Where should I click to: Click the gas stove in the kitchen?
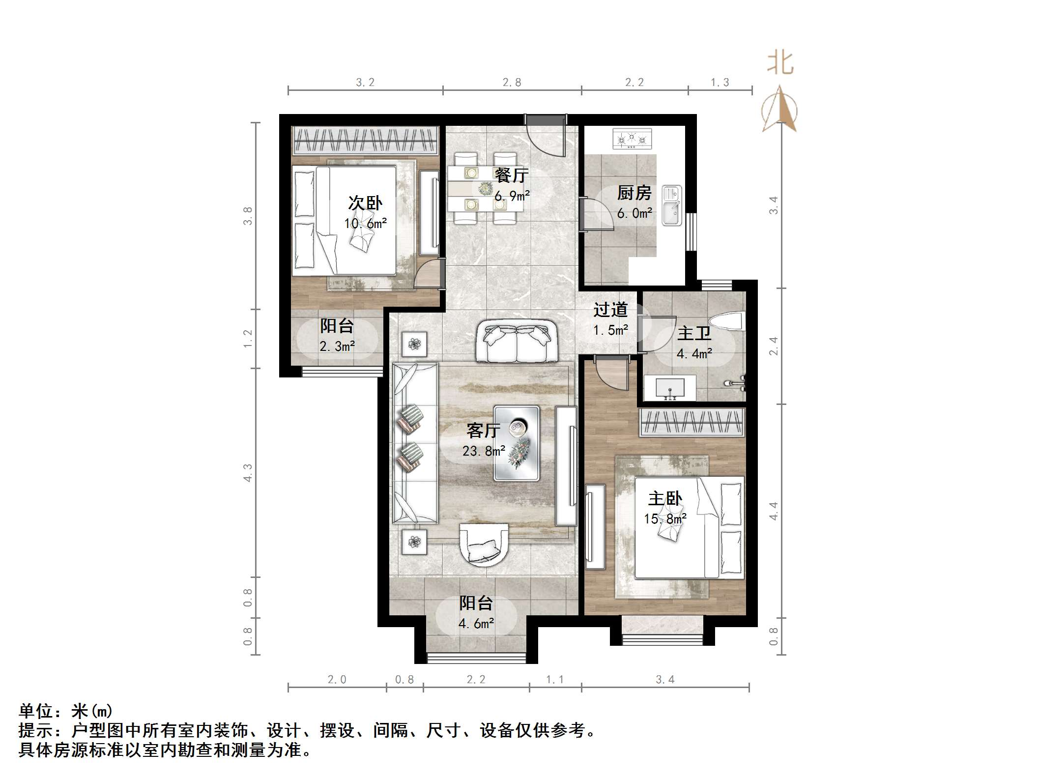(x=632, y=139)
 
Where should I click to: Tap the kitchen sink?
(x=671, y=205)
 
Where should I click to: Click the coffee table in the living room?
(x=517, y=443)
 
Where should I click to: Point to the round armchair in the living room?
(x=484, y=545)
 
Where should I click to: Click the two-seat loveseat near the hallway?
(x=516, y=341)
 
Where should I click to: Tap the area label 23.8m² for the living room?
(x=484, y=451)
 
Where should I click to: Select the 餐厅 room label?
(x=511, y=174)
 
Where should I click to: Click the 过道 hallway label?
(x=610, y=310)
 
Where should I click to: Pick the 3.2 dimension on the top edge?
(x=365, y=83)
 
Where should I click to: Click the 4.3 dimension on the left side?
(x=248, y=473)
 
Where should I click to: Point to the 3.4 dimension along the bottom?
(x=665, y=679)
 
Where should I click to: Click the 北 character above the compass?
(x=780, y=63)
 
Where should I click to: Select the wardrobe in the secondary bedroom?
(x=365, y=141)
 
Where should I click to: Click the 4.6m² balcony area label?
(x=476, y=624)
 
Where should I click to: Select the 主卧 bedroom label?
(x=665, y=499)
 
